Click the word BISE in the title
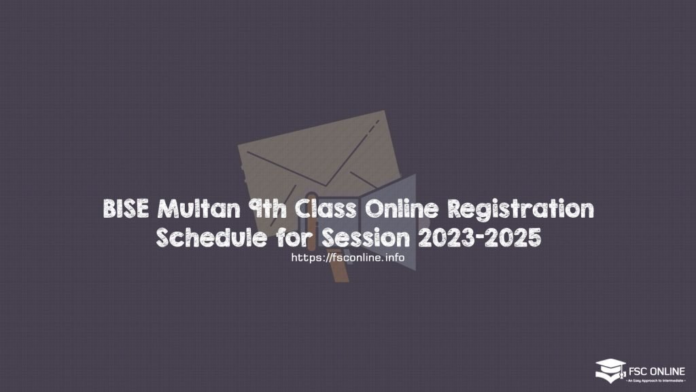point(123,210)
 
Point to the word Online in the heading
point(388,210)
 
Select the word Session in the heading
point(357,238)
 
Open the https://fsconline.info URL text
point(347,258)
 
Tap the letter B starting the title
point(110,210)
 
